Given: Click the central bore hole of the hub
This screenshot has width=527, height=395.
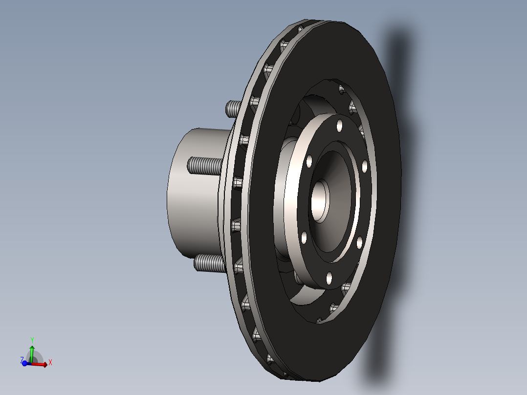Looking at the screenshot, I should (320, 200).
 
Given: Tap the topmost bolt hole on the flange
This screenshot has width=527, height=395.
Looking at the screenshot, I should (339, 125).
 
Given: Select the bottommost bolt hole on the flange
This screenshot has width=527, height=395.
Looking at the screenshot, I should (329, 279).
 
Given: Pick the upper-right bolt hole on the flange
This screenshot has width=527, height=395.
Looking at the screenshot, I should (365, 167).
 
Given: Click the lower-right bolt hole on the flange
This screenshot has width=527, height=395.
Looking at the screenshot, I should (359, 242).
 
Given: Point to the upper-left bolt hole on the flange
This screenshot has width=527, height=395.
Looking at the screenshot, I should (309, 161).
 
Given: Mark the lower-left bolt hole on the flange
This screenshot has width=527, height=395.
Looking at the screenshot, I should (304, 238).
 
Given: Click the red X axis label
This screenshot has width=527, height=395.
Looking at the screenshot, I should (50, 362).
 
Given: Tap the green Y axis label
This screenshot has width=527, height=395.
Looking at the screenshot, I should (32, 340).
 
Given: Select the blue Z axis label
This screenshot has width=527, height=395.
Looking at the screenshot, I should (22, 359).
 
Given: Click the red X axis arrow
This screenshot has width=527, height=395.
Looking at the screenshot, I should (41, 364).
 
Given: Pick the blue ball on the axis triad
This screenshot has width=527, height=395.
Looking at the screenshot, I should (25, 364).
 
